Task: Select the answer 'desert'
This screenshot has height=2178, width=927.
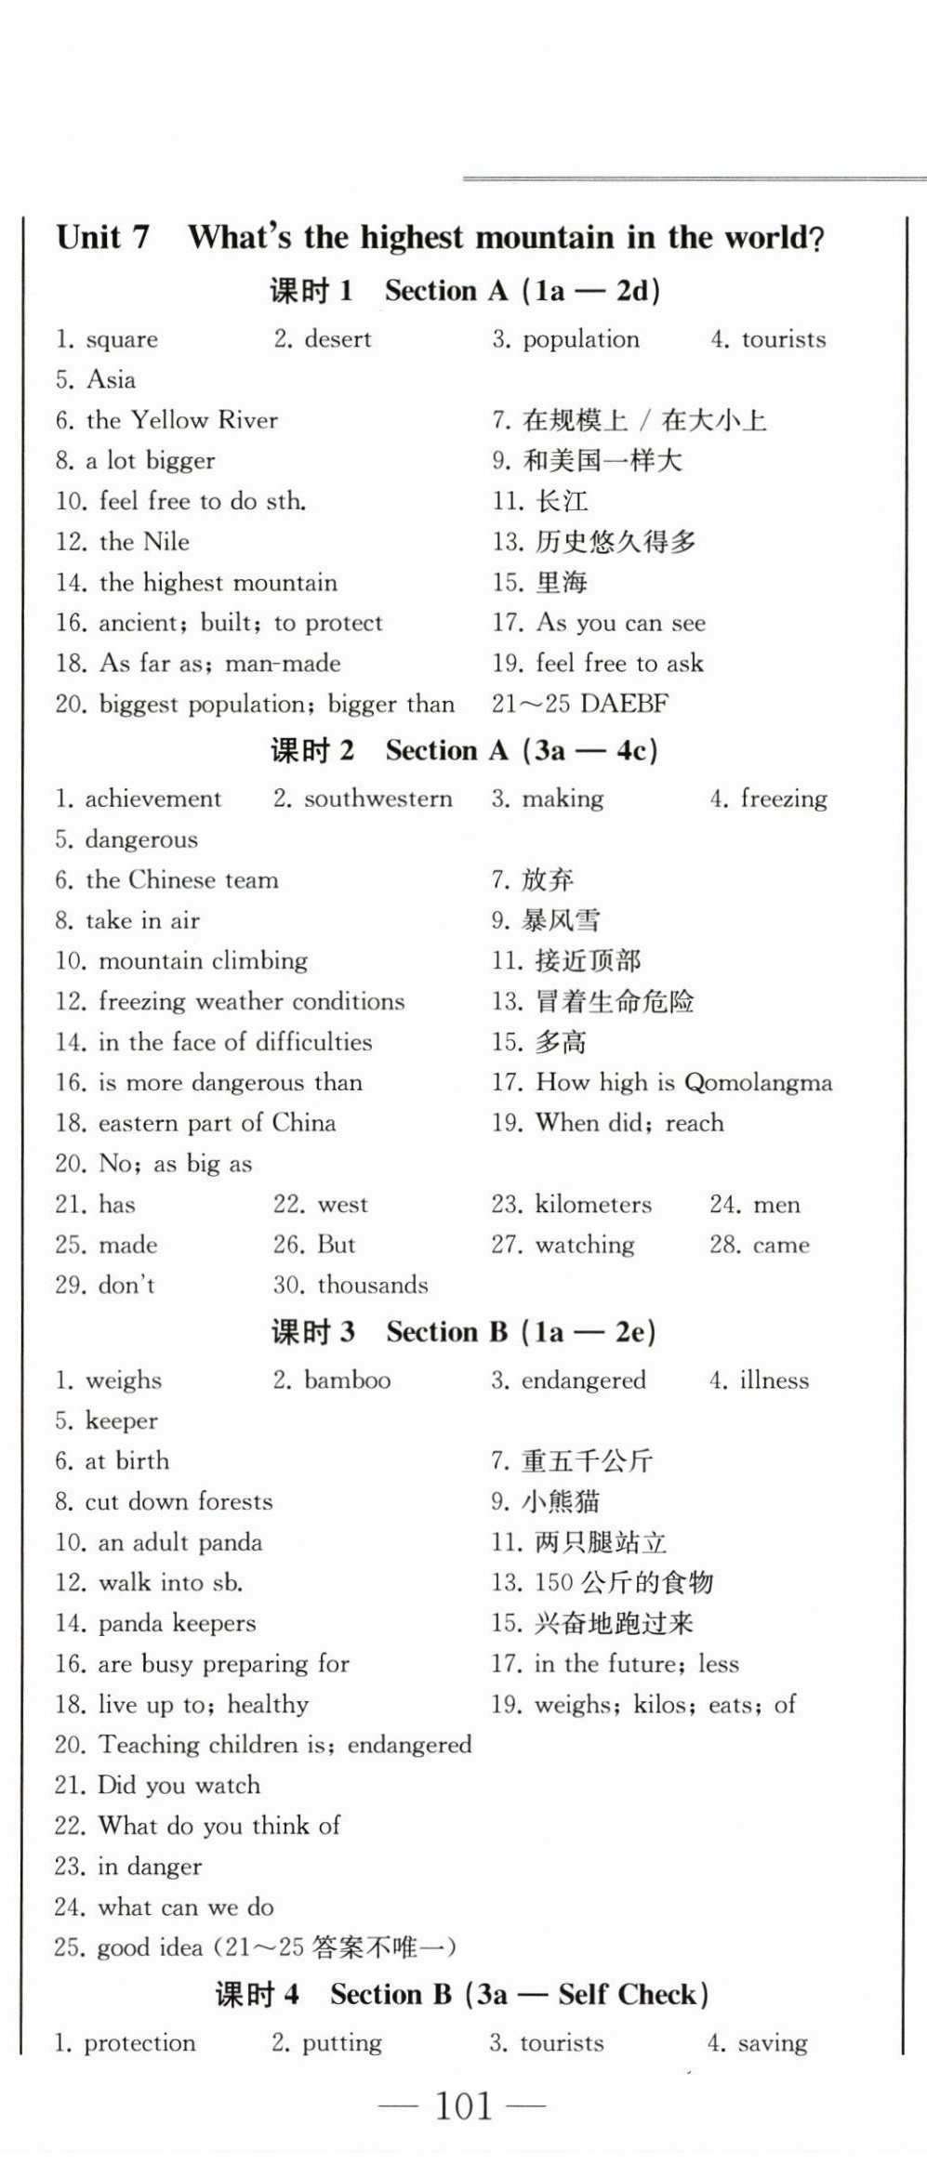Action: [338, 339]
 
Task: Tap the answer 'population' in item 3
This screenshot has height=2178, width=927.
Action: [581, 339]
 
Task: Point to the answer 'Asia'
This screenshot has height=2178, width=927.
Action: [111, 380]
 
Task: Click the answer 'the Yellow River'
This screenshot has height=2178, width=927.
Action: [182, 420]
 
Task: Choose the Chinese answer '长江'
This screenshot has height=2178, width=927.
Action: [562, 502]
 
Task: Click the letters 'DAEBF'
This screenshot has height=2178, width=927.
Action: [624, 704]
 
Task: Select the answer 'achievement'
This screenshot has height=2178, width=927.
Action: [153, 799]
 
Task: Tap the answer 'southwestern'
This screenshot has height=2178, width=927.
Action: [377, 799]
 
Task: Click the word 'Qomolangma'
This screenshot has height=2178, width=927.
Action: [758, 1082]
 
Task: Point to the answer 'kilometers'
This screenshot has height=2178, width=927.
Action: [593, 1204]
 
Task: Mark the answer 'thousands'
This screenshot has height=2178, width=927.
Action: [373, 1285]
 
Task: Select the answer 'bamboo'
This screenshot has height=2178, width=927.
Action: [348, 1379]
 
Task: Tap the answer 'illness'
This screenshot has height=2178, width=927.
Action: [775, 1379]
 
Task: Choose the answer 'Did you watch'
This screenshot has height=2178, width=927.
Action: [179, 1785]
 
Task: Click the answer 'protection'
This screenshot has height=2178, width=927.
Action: [140, 2042]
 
